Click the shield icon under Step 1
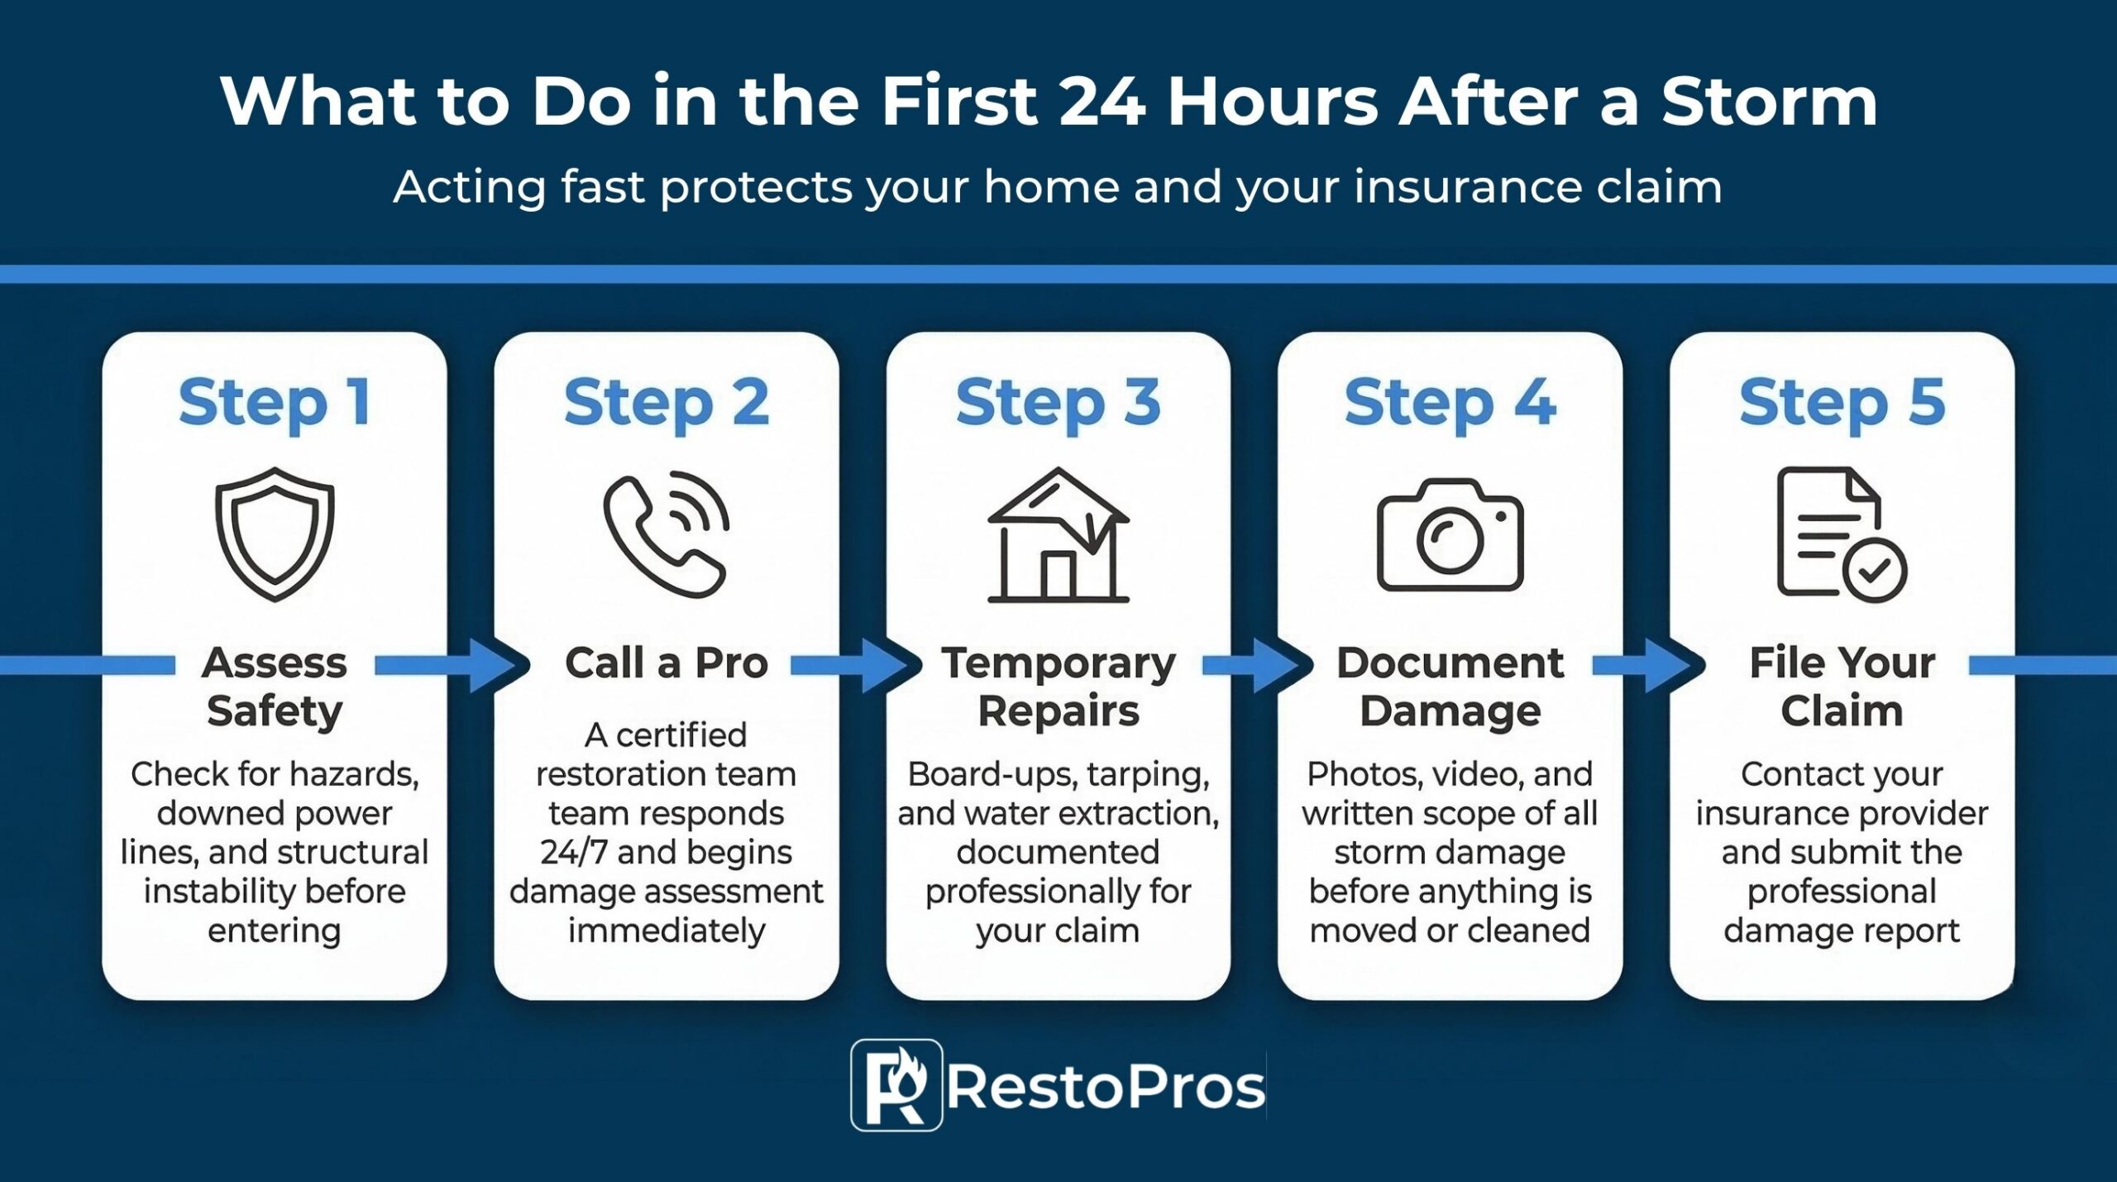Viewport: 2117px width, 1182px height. click(275, 534)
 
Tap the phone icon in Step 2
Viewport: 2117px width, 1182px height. click(666, 534)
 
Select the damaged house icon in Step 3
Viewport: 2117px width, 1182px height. click(1058, 535)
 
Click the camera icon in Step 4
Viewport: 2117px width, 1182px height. click(1450, 535)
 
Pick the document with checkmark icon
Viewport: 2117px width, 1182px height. click(1841, 534)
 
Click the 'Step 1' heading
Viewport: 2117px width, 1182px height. click(275, 403)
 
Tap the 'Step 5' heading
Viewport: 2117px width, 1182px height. click(1842, 403)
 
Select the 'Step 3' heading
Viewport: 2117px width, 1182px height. click(1058, 403)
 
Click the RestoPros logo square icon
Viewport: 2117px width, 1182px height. click(896, 1084)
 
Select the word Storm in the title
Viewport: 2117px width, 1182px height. click(1770, 102)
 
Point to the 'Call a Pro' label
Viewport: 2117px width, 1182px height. click(667, 663)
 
